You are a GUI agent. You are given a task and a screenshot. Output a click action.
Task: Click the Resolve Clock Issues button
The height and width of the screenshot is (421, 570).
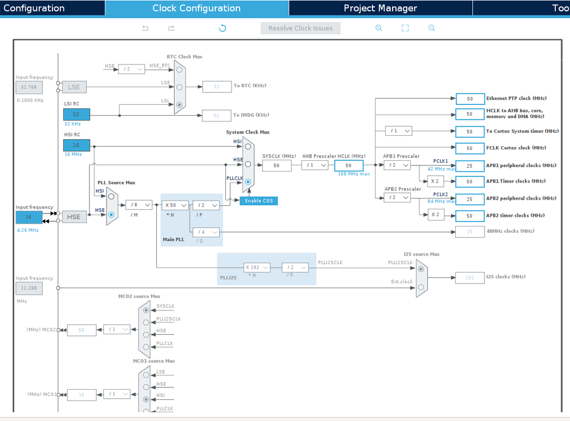click(x=301, y=28)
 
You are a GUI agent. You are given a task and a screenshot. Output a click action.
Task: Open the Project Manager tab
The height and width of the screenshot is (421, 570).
click(x=380, y=8)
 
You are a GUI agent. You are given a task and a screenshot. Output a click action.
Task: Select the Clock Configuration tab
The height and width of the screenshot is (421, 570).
click(x=196, y=8)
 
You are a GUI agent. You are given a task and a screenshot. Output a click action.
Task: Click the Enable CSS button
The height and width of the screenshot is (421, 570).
click(x=258, y=200)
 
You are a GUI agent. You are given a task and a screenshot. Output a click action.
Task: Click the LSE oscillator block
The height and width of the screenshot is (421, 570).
click(x=74, y=87)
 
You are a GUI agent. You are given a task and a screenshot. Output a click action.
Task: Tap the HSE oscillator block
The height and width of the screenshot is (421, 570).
click(x=74, y=217)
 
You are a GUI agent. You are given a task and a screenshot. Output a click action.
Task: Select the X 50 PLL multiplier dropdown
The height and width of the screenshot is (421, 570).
click(x=175, y=205)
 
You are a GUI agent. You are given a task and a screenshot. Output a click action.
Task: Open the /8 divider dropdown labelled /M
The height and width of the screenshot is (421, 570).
click(x=139, y=205)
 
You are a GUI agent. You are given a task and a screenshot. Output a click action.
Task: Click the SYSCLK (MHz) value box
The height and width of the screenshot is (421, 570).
click(x=277, y=165)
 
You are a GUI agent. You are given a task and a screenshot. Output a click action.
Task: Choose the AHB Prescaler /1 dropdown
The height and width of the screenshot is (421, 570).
click(x=315, y=165)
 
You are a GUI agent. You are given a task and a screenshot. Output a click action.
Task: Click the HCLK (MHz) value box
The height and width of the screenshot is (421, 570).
click(x=348, y=165)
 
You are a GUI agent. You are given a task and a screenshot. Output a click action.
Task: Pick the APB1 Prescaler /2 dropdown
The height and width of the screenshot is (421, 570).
click(x=397, y=165)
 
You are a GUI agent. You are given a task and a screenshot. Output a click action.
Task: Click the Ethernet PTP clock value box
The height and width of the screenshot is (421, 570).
click(x=470, y=99)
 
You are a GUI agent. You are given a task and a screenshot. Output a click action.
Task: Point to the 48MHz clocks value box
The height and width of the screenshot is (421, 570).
click(x=470, y=231)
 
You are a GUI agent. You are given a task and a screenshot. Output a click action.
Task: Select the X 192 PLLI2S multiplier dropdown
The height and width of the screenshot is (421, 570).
click(x=257, y=268)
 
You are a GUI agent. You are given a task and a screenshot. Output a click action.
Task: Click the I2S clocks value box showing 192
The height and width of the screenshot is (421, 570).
click(x=470, y=277)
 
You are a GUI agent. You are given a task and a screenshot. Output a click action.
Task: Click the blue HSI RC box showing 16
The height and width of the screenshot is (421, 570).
click(x=76, y=145)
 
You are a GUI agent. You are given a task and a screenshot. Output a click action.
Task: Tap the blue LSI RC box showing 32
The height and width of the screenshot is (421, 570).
click(x=76, y=114)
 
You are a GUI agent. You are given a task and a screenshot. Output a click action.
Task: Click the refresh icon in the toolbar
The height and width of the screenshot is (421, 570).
click(x=223, y=28)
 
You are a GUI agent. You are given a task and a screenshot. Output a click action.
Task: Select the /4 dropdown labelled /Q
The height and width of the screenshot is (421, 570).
click(x=205, y=232)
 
